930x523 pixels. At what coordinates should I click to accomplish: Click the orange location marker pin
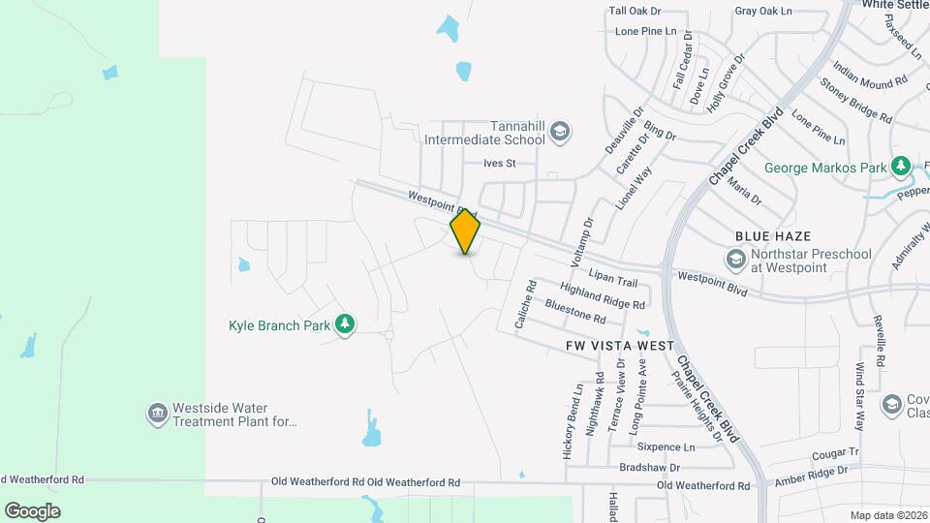click(466, 231)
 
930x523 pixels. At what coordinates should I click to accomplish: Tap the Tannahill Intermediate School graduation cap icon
click(561, 132)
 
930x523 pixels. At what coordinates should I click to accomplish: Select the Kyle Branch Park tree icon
click(345, 325)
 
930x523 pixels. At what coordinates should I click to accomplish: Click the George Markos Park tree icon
click(901, 168)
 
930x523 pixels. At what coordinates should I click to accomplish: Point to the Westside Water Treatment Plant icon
click(157, 415)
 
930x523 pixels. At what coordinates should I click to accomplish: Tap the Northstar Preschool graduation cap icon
click(735, 260)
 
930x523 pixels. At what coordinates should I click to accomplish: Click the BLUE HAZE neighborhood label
click(772, 236)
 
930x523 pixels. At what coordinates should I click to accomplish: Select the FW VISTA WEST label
click(620, 346)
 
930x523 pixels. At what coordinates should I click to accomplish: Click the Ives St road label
click(500, 164)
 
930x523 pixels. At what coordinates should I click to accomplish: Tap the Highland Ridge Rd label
click(602, 296)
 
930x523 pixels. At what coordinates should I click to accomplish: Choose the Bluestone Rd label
click(575, 311)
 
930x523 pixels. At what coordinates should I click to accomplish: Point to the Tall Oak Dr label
click(635, 12)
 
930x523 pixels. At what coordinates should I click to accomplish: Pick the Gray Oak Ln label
click(763, 12)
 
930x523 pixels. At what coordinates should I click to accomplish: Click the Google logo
click(32, 510)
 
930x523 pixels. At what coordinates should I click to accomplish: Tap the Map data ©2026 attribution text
click(888, 514)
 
